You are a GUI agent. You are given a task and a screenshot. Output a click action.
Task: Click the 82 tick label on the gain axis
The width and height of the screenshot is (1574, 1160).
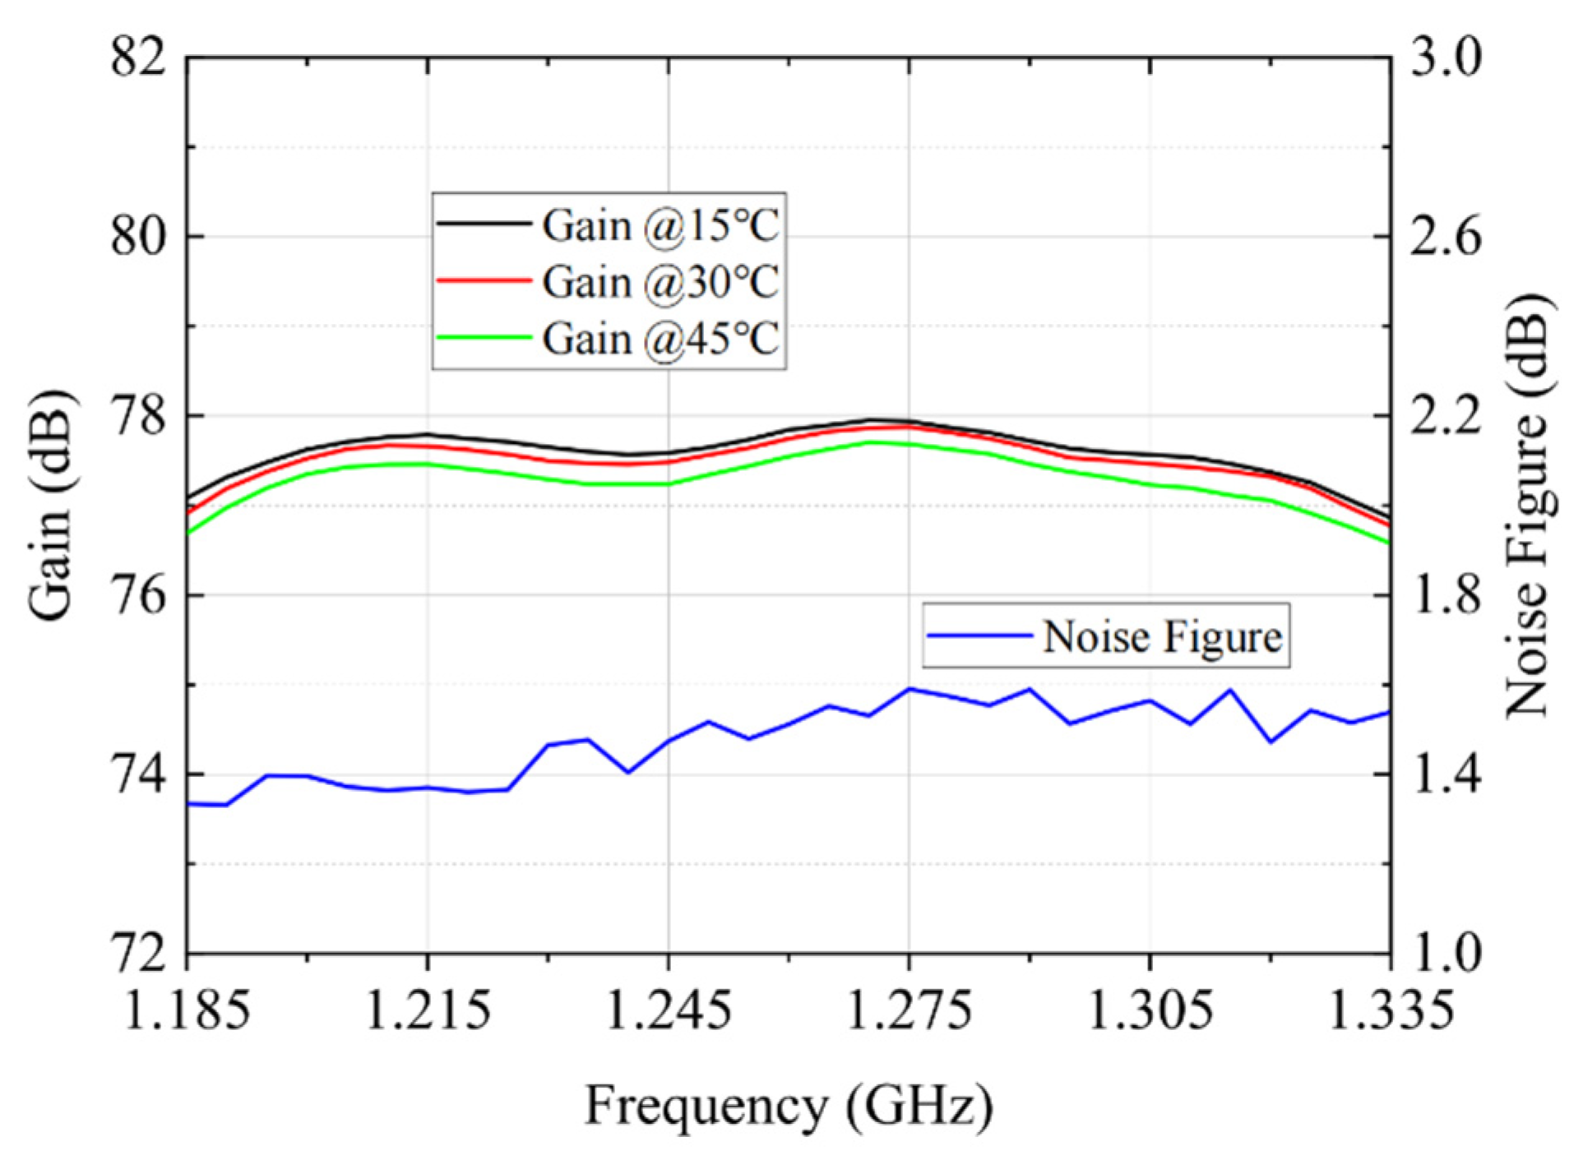pyautogui.click(x=138, y=57)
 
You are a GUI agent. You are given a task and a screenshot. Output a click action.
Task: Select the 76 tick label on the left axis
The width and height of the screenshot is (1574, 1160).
pyautogui.click(x=138, y=595)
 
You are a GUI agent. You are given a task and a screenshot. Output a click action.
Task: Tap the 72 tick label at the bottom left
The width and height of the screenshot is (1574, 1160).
pyautogui.click(x=138, y=954)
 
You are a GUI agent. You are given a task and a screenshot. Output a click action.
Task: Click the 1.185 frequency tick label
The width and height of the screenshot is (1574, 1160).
pyautogui.click(x=187, y=1010)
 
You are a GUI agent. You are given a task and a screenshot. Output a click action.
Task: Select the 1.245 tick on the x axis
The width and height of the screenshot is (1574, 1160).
pyautogui.click(x=668, y=1010)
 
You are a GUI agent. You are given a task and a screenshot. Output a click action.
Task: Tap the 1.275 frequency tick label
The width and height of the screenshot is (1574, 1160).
pyautogui.click(x=909, y=1010)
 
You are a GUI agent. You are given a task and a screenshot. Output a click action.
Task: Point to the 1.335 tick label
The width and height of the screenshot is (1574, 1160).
pyautogui.click(x=1390, y=1010)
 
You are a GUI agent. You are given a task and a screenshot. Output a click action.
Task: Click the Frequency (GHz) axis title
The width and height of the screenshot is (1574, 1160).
pyautogui.click(x=789, y=1106)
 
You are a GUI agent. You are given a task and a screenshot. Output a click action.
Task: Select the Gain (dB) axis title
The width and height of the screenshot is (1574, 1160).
pyautogui.click(x=51, y=506)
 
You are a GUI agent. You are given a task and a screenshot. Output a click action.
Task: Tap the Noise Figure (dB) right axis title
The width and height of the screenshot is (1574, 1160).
pyautogui.click(x=1527, y=506)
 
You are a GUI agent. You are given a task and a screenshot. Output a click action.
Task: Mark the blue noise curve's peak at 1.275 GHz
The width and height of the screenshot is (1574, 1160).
pyautogui.click(x=909, y=689)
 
